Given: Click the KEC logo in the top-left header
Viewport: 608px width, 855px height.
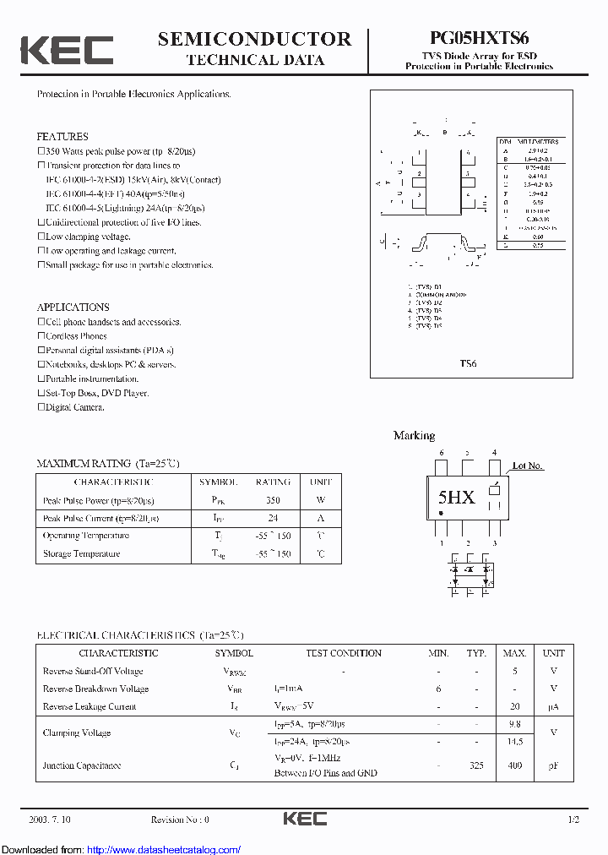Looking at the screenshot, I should coord(67,50).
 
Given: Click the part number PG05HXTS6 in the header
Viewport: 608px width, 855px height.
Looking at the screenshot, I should coord(479,38).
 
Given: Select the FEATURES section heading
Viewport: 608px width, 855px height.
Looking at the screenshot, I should coord(62,136).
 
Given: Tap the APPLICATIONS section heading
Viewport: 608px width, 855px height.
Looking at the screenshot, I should coord(73,308).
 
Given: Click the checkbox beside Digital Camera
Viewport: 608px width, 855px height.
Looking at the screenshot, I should coord(41,407).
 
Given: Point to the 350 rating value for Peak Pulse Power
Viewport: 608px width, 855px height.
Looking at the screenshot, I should coord(272,500).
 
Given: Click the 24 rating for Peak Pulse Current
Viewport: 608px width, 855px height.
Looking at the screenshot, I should coord(272,518).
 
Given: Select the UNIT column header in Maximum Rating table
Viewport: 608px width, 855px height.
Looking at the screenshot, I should coord(321,482).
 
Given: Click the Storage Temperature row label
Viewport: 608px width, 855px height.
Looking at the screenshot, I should coord(81,554).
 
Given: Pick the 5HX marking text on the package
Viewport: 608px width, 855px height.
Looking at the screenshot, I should coord(456,498).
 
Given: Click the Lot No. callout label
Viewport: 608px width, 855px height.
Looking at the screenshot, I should coord(528,466).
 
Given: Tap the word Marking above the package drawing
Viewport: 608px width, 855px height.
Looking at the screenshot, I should coord(414,436).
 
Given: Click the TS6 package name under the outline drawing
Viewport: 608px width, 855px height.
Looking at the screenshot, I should coord(468,363).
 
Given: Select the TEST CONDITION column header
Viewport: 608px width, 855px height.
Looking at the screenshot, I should coord(343,653).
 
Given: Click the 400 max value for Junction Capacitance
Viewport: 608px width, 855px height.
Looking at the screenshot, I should coord(514,765).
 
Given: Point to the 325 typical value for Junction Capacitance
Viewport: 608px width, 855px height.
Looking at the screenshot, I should coord(477,765).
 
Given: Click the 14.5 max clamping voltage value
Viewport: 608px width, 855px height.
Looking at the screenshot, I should coord(514,741).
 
